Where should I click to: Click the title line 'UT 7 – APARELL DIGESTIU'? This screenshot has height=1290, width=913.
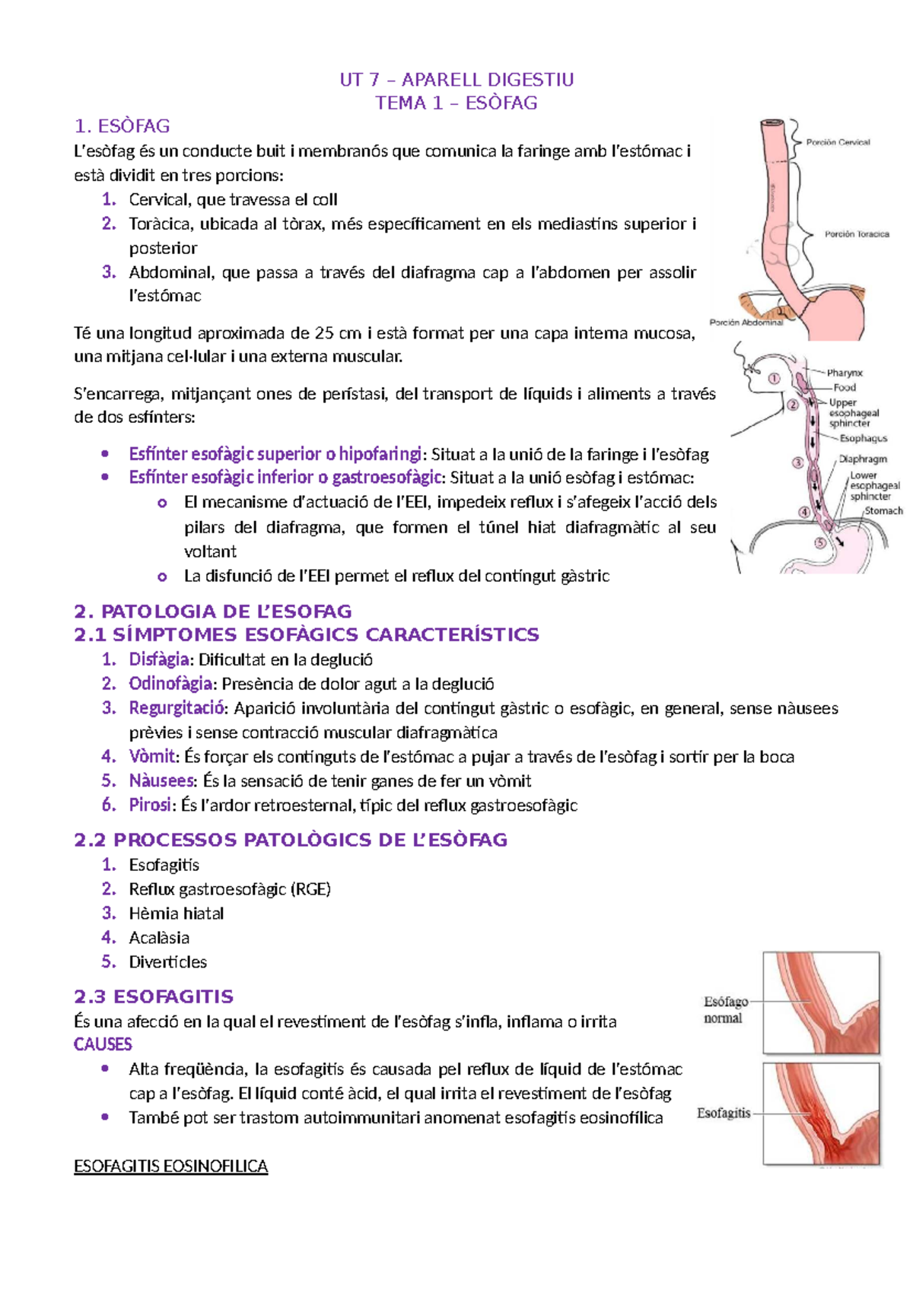456,80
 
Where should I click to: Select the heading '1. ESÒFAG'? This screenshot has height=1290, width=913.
122,126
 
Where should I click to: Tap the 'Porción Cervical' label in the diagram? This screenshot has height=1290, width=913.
838,142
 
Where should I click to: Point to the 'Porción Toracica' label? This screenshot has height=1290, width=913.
857,234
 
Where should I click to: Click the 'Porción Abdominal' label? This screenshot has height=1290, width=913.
746,322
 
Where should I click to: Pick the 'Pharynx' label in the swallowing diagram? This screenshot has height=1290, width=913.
845,373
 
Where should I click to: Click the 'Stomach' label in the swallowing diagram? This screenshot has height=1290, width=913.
883,511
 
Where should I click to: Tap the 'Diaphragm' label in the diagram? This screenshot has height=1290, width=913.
863,459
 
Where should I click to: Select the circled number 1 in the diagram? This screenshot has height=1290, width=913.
774,378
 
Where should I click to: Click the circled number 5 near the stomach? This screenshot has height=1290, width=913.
819,543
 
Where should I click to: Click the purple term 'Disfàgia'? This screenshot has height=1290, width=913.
159,659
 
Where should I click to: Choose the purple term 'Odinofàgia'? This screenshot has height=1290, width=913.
170,684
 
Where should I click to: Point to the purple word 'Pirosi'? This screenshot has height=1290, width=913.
150,805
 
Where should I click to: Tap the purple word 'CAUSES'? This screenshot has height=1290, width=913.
103,1044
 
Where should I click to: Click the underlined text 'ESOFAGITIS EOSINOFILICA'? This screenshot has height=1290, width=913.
170,1167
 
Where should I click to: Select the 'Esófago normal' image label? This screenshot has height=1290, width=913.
725,1010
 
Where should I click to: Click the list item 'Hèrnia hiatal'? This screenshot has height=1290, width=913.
176,913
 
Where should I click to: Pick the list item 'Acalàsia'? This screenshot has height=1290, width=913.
159,938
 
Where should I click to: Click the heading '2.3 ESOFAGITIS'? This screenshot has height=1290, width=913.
154,996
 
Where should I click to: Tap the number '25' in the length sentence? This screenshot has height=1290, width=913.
324,333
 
